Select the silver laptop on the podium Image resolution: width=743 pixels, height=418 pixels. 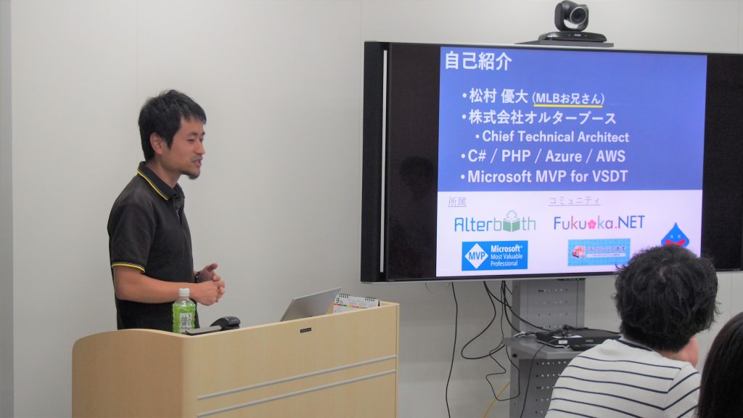(x=310, y=305)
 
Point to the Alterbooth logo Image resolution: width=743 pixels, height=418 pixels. (x=495, y=223)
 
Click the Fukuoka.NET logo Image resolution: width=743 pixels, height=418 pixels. (x=599, y=222)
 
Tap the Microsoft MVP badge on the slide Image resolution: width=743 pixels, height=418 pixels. (x=494, y=255)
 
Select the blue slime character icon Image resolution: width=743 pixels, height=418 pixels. (x=676, y=235)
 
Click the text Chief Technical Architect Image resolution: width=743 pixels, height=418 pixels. (x=555, y=136)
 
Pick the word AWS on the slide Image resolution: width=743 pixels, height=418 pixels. (x=610, y=156)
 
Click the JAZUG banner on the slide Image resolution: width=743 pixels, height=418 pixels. (x=599, y=251)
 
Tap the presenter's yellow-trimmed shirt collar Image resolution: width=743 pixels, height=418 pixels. (x=155, y=181)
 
